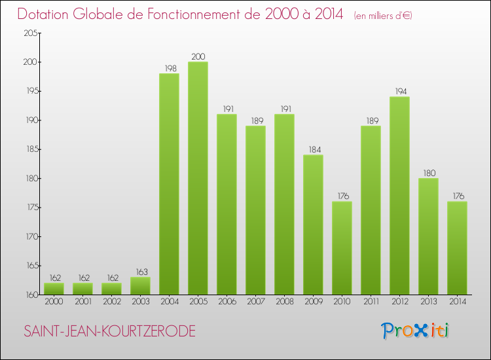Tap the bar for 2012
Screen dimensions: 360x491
[x=399, y=196]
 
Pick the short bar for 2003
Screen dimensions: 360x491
[x=140, y=286]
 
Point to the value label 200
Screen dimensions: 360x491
[x=198, y=56]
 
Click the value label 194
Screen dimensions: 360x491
[x=399, y=92]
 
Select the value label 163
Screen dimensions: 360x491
[x=140, y=272]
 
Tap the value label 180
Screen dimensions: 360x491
[x=428, y=173]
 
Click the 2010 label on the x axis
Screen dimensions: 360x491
[x=342, y=302]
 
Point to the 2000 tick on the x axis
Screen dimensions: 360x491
[x=54, y=302]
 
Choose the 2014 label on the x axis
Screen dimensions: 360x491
[x=457, y=302]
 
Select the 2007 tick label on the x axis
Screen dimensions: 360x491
[x=255, y=302]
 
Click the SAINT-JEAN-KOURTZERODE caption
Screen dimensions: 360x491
[x=109, y=331]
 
